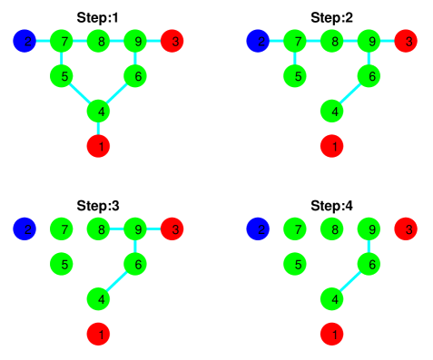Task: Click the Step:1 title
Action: (x=99, y=16)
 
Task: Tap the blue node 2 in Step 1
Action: (x=25, y=41)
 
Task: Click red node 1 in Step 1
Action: (x=99, y=146)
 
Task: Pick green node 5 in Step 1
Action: (x=62, y=76)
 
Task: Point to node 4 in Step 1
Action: (x=99, y=112)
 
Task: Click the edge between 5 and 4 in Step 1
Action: (x=80, y=93)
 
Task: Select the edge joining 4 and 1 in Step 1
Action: (x=99, y=129)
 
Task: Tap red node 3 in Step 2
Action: (x=408, y=41)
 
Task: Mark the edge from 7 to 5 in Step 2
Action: (x=296, y=59)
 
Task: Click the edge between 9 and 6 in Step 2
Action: (x=370, y=59)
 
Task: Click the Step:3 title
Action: (x=99, y=206)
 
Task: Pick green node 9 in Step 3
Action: (x=136, y=229)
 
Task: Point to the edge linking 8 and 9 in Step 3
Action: (x=117, y=229)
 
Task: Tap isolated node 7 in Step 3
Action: (x=62, y=229)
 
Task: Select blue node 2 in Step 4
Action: (x=260, y=229)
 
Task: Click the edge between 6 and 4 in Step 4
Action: (x=352, y=282)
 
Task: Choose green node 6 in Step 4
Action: (x=370, y=265)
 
